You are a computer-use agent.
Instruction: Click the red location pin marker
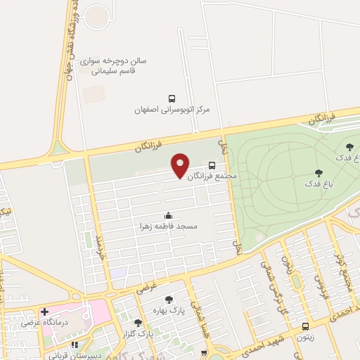click(x=181, y=165)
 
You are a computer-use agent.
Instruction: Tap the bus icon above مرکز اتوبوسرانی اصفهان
click(x=172, y=98)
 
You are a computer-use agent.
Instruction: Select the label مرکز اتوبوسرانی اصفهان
click(x=173, y=110)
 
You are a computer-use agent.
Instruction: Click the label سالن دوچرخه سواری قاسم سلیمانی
click(x=115, y=65)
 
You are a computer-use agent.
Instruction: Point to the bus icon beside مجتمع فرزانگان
click(x=212, y=165)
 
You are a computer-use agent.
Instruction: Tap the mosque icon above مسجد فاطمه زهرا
click(x=167, y=214)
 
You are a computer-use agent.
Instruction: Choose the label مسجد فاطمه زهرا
click(x=168, y=226)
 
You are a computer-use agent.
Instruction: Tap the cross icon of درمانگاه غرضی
click(x=45, y=311)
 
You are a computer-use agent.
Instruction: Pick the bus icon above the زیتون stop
click(x=304, y=326)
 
